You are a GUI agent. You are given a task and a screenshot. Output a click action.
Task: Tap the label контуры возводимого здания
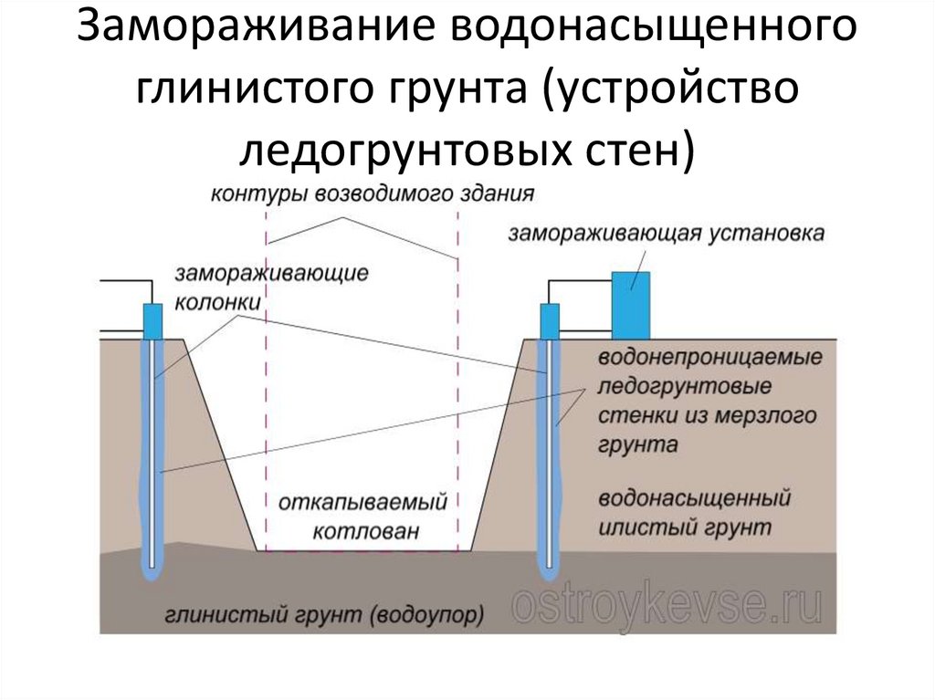coord(372,193)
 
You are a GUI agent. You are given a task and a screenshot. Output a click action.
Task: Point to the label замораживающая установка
coord(667,234)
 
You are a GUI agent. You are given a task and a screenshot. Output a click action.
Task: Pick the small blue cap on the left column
coord(152,320)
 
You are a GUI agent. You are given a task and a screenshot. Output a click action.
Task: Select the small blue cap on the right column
coord(549,320)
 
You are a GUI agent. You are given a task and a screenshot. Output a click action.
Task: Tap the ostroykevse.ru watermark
coord(666,604)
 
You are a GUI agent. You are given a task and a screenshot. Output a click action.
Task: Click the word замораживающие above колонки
coord(271,273)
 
